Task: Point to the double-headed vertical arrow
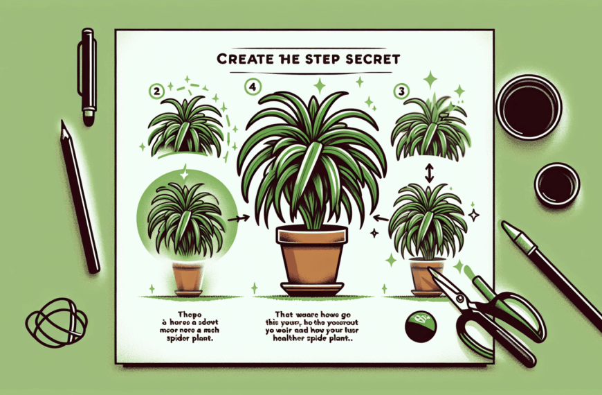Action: coord(429,173)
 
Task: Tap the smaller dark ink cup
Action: coord(557,182)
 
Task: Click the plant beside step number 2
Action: coord(185,128)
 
